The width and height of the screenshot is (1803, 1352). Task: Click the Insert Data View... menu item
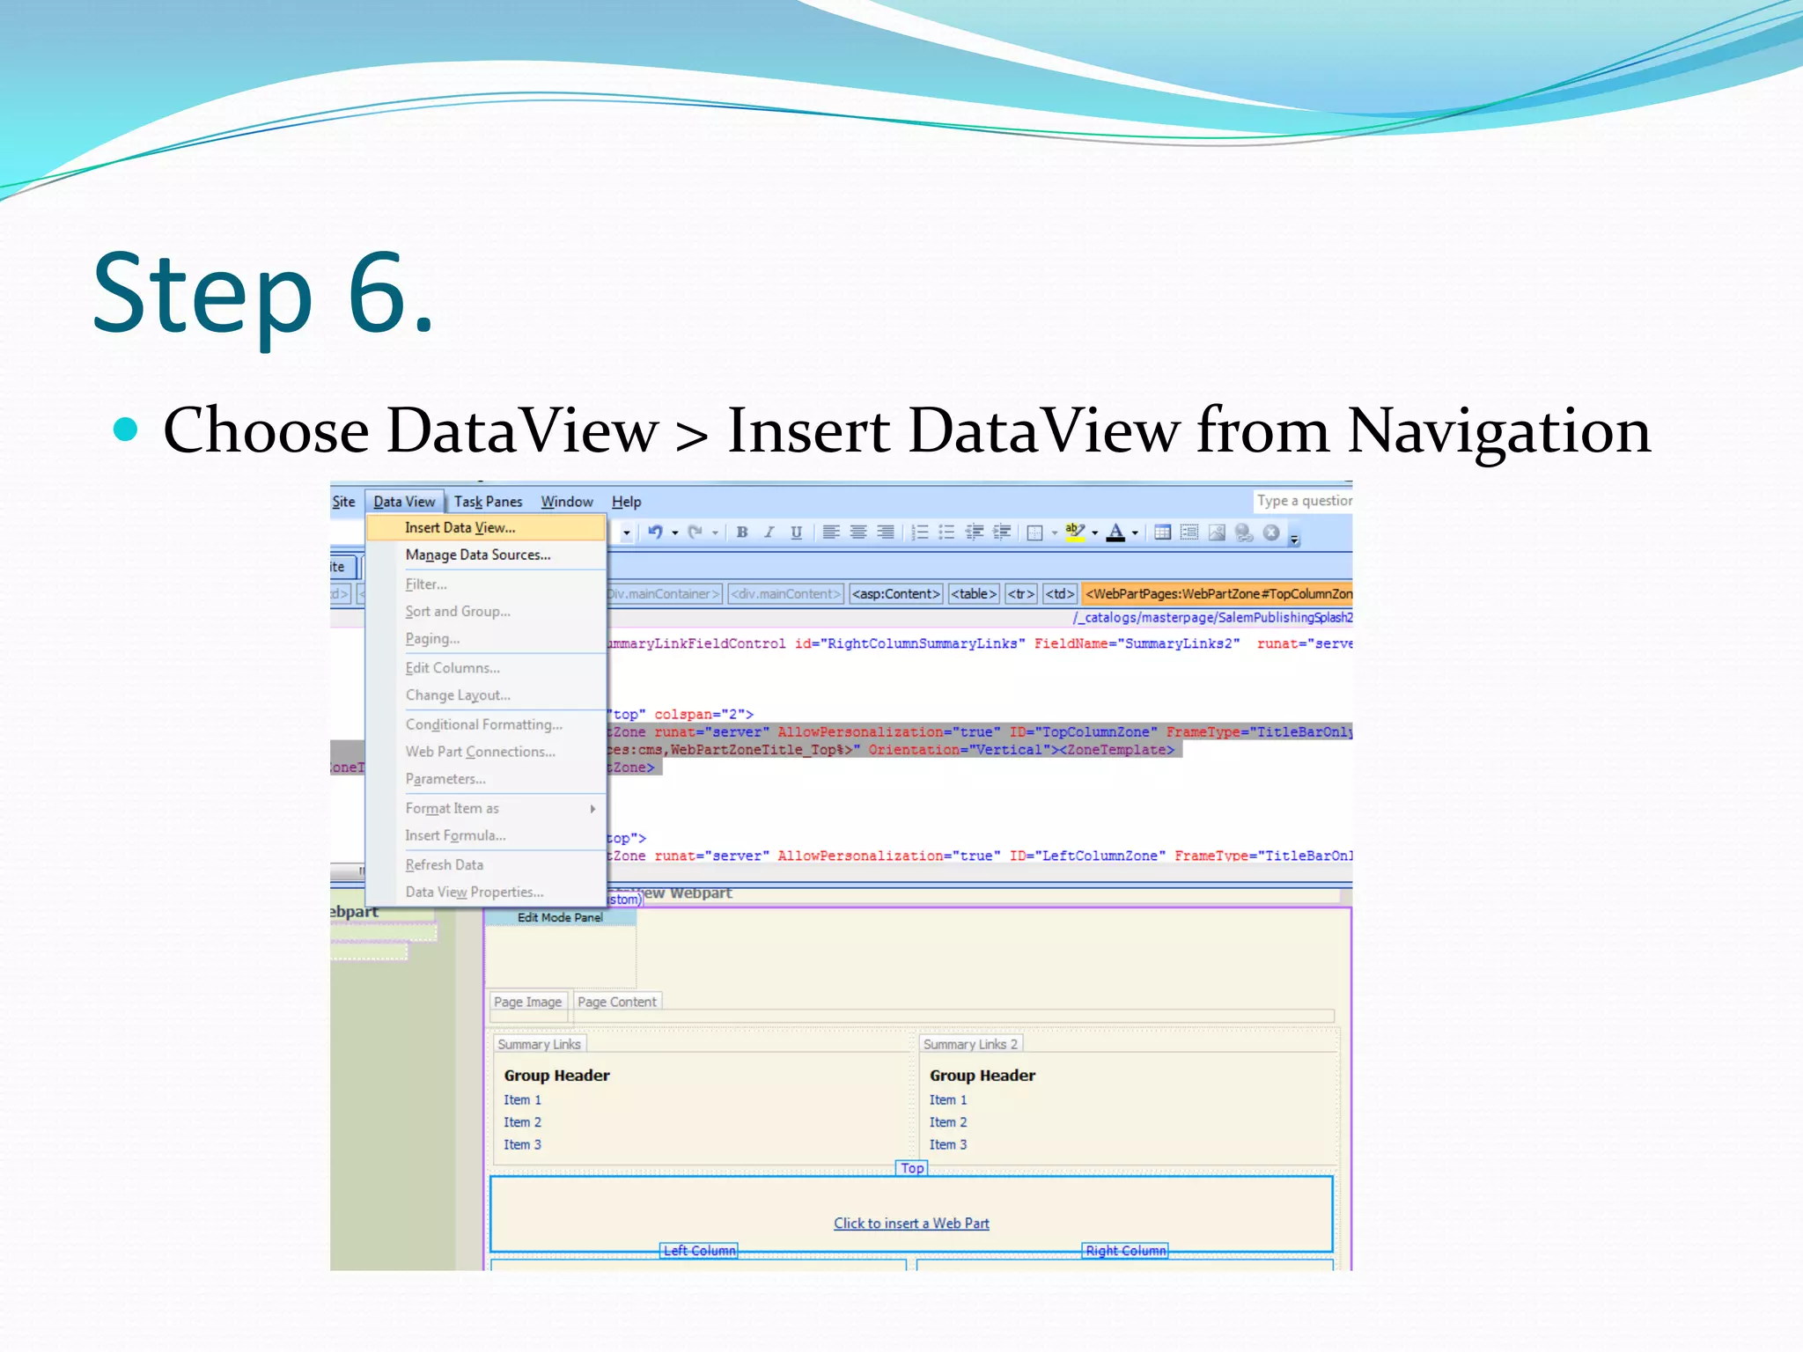point(460,527)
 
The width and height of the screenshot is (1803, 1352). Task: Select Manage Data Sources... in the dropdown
point(477,555)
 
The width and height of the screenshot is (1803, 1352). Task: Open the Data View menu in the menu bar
point(404,502)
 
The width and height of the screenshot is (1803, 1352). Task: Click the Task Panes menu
point(488,502)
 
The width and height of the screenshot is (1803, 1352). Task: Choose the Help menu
point(626,502)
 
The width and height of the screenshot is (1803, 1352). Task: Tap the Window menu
point(566,502)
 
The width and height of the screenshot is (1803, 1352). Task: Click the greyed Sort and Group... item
point(457,611)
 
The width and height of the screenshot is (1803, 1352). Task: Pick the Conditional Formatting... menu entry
point(483,724)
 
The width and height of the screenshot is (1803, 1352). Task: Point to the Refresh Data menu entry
point(444,864)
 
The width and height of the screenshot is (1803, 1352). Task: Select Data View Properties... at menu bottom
point(474,892)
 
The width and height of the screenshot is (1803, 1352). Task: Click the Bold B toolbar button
point(742,532)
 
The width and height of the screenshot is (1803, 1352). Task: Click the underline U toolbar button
point(796,532)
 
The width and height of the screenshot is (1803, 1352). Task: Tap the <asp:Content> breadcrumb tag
point(896,594)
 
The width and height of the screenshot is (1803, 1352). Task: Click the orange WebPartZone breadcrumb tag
point(1218,594)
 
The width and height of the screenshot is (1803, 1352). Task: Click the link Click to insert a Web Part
point(911,1223)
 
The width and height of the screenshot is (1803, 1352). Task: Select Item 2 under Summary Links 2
point(947,1122)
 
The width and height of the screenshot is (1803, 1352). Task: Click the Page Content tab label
point(616,1002)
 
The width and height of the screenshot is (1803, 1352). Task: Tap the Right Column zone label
point(1125,1251)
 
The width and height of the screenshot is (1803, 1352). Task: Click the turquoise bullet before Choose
point(127,429)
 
